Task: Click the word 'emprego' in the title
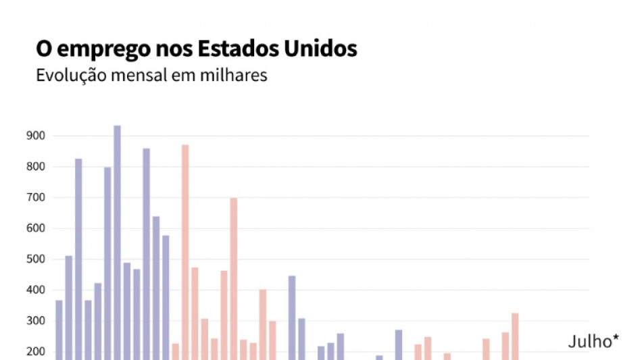point(97,49)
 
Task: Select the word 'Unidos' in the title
point(320,49)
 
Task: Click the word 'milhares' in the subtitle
point(233,75)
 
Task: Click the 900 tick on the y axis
point(36,136)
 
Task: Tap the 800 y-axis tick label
point(36,167)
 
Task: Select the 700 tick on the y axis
point(36,198)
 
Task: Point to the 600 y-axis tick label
point(36,228)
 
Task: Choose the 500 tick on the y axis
point(36,259)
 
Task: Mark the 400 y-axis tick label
point(36,290)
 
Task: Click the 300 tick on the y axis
point(36,322)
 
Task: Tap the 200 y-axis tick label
point(36,352)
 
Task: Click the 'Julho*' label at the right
point(593,342)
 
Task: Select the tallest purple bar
point(117,243)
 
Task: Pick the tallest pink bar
point(185,253)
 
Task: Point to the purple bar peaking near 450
point(292,317)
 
